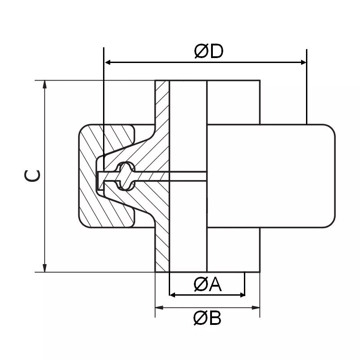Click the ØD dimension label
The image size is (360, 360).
pos(209,51)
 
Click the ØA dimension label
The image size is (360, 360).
pos(208,284)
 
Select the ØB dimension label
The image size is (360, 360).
pos(207,319)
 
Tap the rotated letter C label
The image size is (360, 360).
pos(32,176)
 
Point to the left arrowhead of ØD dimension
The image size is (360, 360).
pos(108,62)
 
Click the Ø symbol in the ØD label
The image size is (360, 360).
pos(201,51)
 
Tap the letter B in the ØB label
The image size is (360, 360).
pos(215,319)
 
